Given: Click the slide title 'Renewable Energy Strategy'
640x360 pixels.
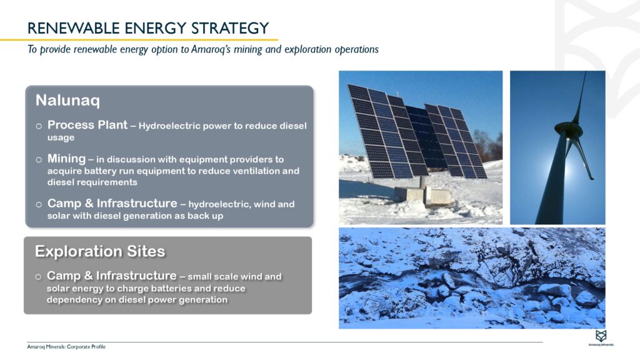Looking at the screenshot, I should tap(148, 28).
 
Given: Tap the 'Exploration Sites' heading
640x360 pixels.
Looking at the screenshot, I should tap(100, 251).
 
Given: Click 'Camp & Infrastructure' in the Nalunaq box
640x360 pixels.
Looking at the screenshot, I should tap(112, 204).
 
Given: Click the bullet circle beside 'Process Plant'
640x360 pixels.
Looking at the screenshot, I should tap(39, 126).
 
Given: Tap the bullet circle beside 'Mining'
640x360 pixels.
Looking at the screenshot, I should tap(39, 160).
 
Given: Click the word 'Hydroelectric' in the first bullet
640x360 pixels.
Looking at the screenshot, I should tap(166, 126).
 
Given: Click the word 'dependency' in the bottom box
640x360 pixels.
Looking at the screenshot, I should tap(72, 300).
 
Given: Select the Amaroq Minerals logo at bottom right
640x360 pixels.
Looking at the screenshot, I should tap(601, 337).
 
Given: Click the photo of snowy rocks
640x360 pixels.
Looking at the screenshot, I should tap(472, 278).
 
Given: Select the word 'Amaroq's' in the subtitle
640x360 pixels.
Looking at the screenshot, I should tap(204, 49).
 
